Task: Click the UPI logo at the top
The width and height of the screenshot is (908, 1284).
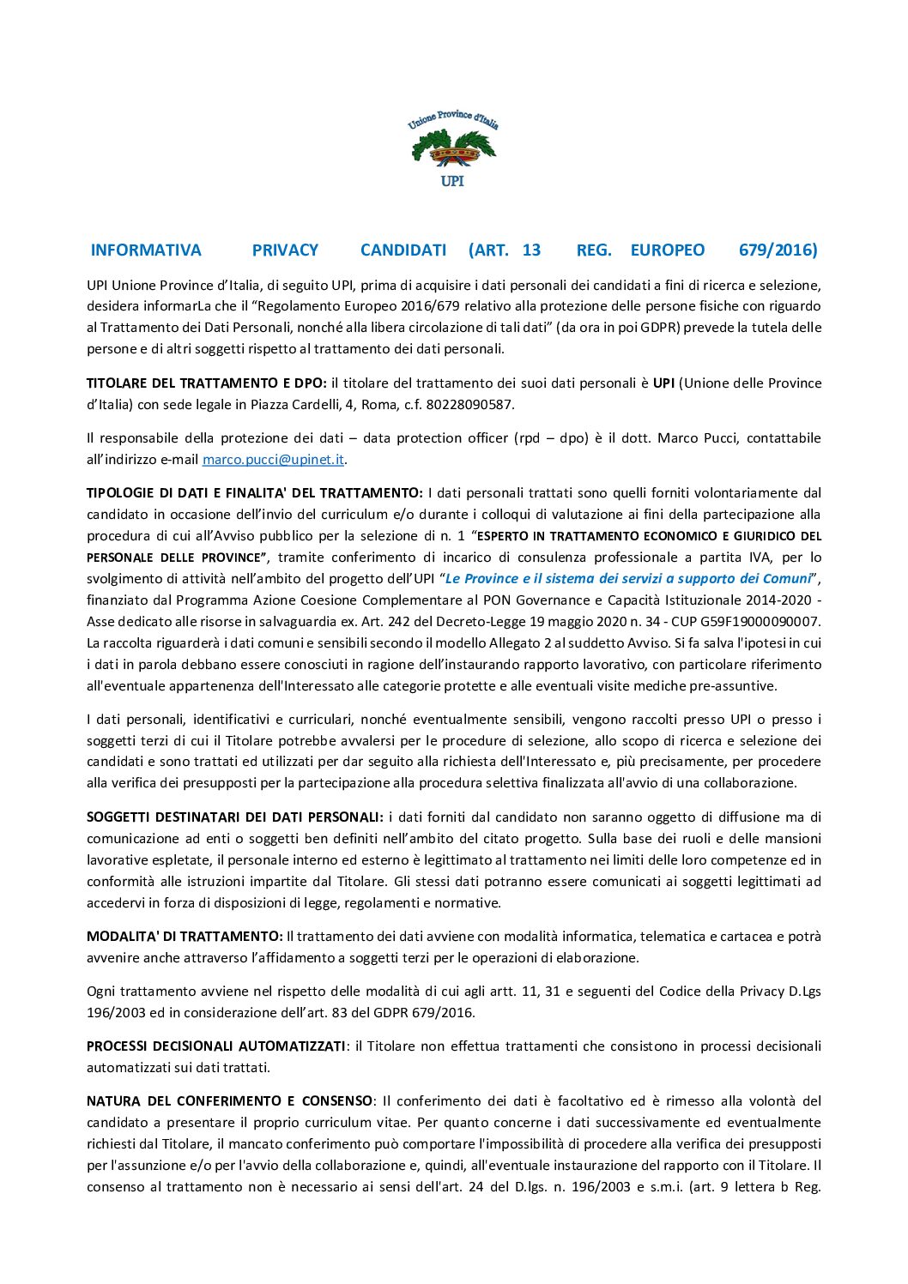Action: tap(452, 148)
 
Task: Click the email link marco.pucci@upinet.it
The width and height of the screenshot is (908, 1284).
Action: tap(273, 460)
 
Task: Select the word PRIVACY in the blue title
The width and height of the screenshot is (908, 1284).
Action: tap(285, 250)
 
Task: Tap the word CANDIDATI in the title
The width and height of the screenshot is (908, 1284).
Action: tap(403, 250)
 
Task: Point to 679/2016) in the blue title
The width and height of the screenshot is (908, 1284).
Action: tap(778, 250)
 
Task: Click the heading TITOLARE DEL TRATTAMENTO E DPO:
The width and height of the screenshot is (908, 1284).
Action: tap(206, 383)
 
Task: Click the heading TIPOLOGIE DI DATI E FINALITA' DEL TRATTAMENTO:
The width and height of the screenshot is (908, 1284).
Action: tap(254, 493)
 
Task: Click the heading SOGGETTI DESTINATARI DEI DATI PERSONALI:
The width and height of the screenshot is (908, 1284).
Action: tap(234, 817)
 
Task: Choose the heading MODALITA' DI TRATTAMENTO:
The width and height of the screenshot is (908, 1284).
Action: tap(185, 937)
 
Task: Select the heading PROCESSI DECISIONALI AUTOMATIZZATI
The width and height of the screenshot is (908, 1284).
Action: tap(215, 1046)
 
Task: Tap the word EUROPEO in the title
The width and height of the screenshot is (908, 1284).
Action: tap(667, 250)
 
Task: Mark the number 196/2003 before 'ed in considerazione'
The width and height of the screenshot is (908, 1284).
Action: tap(115, 1013)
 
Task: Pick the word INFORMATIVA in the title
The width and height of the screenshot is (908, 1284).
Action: tap(146, 250)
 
